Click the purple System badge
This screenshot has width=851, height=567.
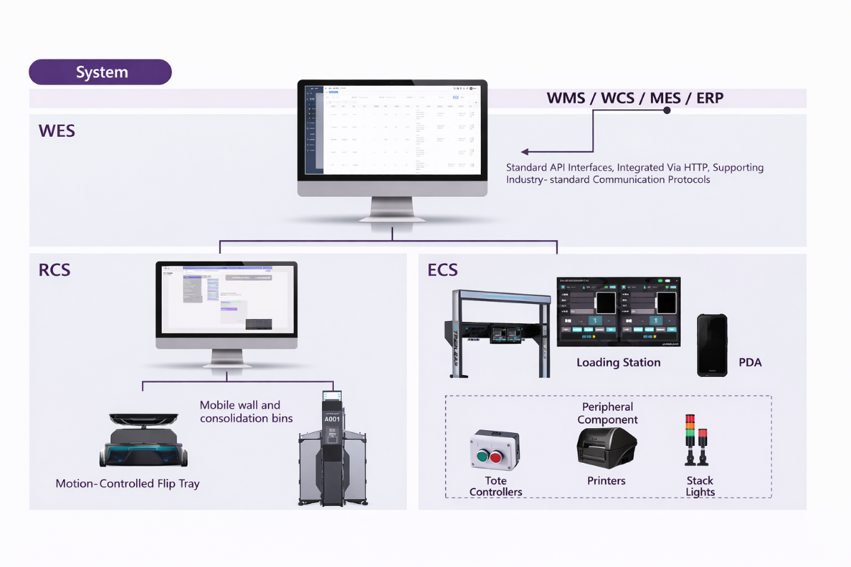tap(100, 72)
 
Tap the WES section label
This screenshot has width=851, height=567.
tap(57, 131)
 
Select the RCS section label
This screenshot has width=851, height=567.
tap(55, 270)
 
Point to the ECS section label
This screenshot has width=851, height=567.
tap(443, 270)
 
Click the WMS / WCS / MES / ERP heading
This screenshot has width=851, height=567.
tap(635, 98)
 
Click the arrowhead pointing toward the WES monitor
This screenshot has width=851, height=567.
tap(525, 152)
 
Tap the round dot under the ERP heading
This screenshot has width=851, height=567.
tap(667, 111)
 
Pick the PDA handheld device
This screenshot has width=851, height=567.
tap(712, 344)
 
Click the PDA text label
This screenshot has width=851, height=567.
tap(750, 363)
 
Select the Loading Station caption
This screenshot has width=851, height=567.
tap(618, 363)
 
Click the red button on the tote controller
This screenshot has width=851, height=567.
tap(496, 458)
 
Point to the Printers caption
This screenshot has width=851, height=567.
tap(606, 481)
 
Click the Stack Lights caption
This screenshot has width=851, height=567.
tap(700, 486)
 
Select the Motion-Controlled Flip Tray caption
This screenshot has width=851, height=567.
tap(128, 484)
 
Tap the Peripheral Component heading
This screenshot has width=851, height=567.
tap(608, 413)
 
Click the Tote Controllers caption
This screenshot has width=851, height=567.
tap(496, 486)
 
